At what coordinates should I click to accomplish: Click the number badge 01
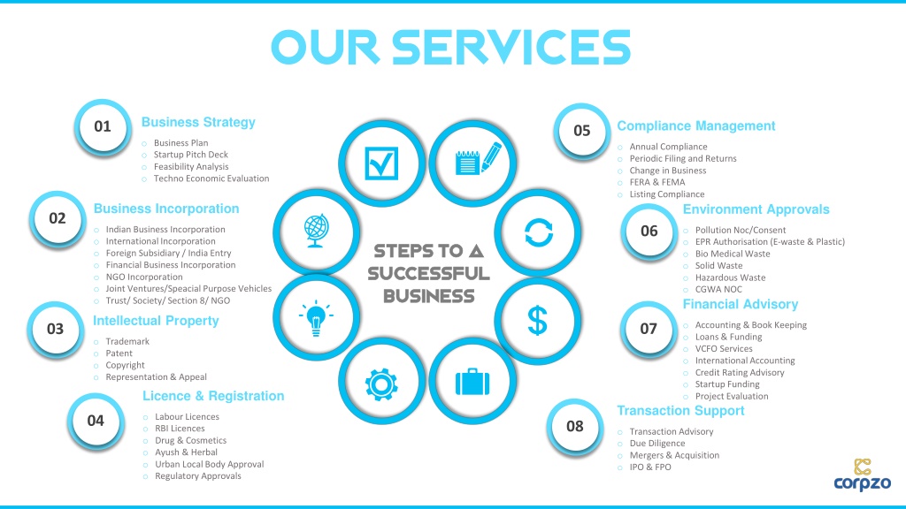[103, 126]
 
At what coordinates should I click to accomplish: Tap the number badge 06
[649, 231]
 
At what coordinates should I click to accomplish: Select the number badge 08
[575, 426]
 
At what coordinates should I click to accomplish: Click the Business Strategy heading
[198, 123]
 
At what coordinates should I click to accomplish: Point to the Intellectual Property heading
[156, 321]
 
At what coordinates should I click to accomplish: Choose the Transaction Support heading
[680, 411]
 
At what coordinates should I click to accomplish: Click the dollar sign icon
[537, 321]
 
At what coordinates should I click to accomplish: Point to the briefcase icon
[472, 383]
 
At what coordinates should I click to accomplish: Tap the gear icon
[380, 383]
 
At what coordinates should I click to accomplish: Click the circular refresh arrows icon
[538, 233]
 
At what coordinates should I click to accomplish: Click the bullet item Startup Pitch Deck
[191, 155]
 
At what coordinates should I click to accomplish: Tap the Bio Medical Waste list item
[733, 254]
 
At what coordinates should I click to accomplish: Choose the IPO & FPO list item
[650, 467]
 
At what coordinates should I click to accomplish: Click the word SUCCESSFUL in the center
[428, 274]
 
